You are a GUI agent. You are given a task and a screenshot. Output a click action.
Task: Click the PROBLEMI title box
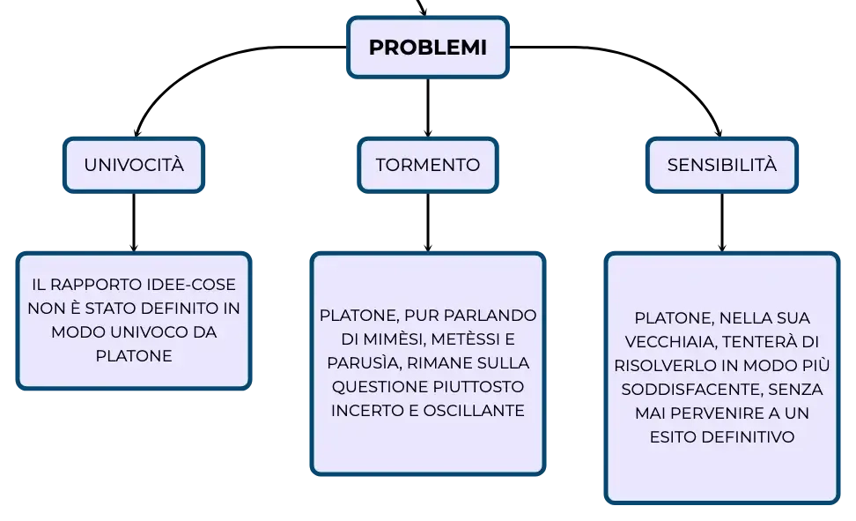coord(428,47)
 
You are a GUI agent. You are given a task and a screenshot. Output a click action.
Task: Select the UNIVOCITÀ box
coord(134,165)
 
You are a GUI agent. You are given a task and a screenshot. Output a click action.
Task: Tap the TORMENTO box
coord(428,165)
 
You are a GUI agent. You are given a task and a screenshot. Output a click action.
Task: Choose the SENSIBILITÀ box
coord(722,165)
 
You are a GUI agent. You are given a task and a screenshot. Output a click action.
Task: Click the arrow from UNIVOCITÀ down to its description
coord(134,222)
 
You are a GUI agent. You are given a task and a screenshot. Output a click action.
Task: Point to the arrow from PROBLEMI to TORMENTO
coord(428,108)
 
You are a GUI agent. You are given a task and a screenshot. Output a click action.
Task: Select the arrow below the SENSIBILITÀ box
coord(722,222)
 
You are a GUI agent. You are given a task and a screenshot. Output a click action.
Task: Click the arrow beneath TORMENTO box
coord(428,222)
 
